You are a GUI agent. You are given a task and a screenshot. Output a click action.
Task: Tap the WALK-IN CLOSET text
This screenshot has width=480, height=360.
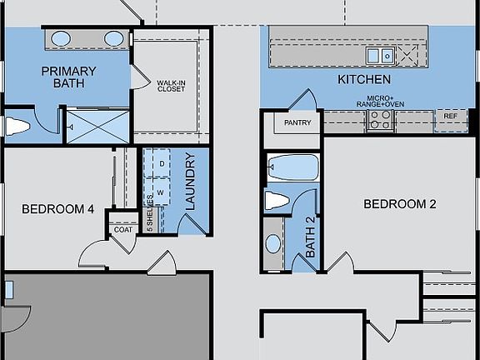tap(171, 86)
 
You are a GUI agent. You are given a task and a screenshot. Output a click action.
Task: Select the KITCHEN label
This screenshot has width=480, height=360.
tap(364, 80)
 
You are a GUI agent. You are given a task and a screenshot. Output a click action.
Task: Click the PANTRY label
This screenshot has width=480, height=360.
tap(297, 123)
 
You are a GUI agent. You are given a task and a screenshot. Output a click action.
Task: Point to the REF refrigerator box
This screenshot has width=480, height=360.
tap(451, 117)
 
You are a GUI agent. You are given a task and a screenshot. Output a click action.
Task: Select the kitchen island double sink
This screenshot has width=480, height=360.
tap(381, 55)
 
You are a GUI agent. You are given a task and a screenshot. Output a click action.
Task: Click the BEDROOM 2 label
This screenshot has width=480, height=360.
tap(400, 203)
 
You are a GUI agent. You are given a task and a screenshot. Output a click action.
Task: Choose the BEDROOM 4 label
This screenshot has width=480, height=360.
tap(57, 209)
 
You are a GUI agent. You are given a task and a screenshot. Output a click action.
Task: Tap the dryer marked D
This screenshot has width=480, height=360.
tap(162, 165)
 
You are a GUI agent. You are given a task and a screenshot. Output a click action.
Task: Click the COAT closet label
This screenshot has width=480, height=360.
tap(123, 229)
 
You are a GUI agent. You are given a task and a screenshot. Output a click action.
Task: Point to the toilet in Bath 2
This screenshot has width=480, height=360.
tap(277, 200)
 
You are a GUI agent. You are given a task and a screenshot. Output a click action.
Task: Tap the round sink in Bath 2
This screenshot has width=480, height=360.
tap(273, 244)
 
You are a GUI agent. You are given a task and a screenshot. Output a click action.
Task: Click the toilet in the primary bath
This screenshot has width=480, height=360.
tap(17, 127)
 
